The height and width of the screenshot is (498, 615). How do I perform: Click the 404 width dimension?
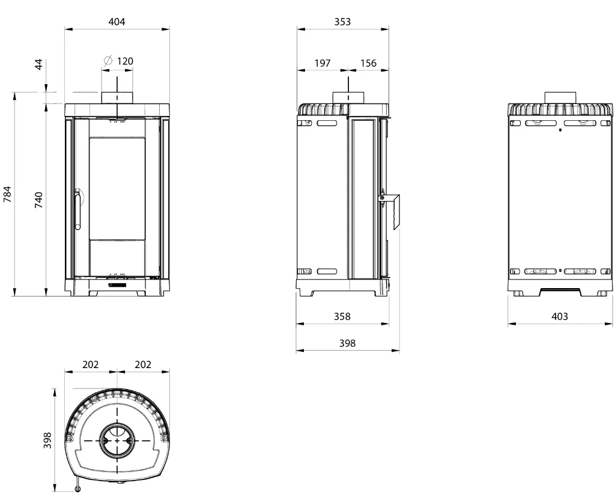point(117,22)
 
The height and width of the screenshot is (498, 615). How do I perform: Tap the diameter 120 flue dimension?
point(119,61)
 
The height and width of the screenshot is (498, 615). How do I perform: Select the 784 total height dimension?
point(7,194)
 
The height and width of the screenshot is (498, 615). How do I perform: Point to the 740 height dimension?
point(38,200)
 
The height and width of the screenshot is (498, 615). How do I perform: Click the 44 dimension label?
point(38,64)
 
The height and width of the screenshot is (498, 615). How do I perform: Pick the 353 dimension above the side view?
point(342,22)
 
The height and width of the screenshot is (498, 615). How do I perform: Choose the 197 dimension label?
point(323,63)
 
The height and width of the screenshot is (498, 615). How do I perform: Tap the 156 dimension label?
point(368,63)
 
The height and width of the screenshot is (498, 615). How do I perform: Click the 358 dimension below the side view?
point(342,316)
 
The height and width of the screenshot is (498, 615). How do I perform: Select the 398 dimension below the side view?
point(348,343)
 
